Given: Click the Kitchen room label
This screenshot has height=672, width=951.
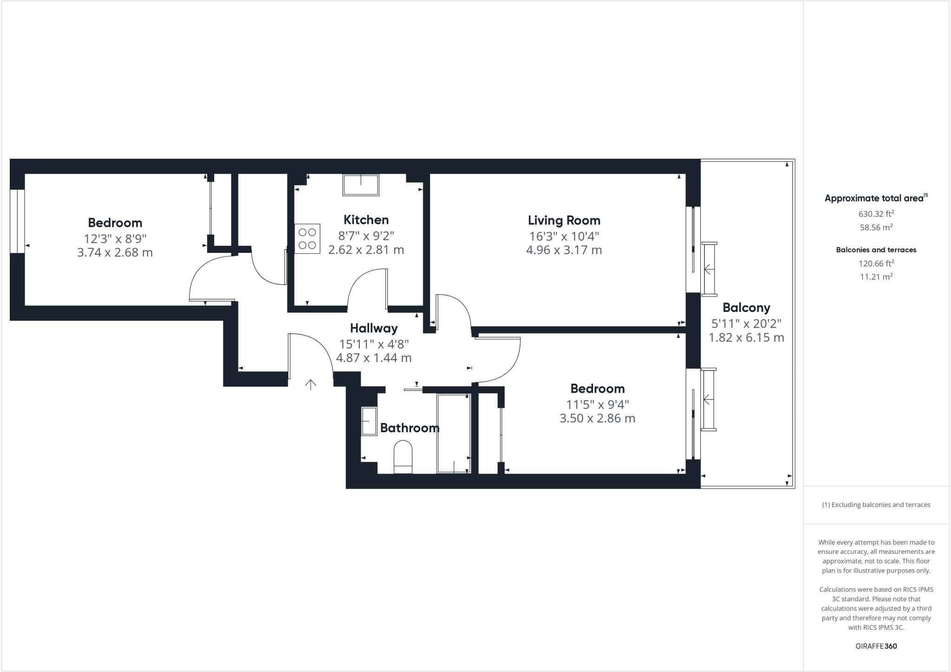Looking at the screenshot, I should (366, 220).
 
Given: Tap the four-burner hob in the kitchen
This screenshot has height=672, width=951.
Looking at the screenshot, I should (307, 239).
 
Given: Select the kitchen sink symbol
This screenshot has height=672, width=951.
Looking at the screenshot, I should (361, 185).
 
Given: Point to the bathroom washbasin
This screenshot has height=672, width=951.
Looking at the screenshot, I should (369, 421).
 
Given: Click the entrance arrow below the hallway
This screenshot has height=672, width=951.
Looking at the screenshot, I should (311, 384).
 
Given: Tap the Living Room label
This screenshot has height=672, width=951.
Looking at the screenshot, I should (564, 220).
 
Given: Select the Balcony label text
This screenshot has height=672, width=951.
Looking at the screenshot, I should (746, 308).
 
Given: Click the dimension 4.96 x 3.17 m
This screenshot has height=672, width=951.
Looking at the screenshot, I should (564, 250).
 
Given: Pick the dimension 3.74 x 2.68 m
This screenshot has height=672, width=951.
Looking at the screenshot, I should (115, 253).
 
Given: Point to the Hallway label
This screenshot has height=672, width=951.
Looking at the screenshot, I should (374, 329).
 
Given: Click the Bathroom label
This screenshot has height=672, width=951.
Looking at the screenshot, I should (410, 428).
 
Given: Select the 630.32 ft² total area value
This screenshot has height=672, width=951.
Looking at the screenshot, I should (876, 214).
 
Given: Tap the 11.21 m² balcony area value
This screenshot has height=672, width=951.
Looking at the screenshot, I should (876, 277).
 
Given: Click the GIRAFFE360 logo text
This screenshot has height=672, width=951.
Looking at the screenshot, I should (876, 646).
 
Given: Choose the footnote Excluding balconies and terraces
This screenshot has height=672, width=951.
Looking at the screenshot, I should (876, 505).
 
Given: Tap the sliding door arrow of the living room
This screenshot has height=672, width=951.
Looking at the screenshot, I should (708, 269).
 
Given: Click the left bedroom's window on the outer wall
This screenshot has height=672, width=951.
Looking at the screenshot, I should (17, 221).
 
